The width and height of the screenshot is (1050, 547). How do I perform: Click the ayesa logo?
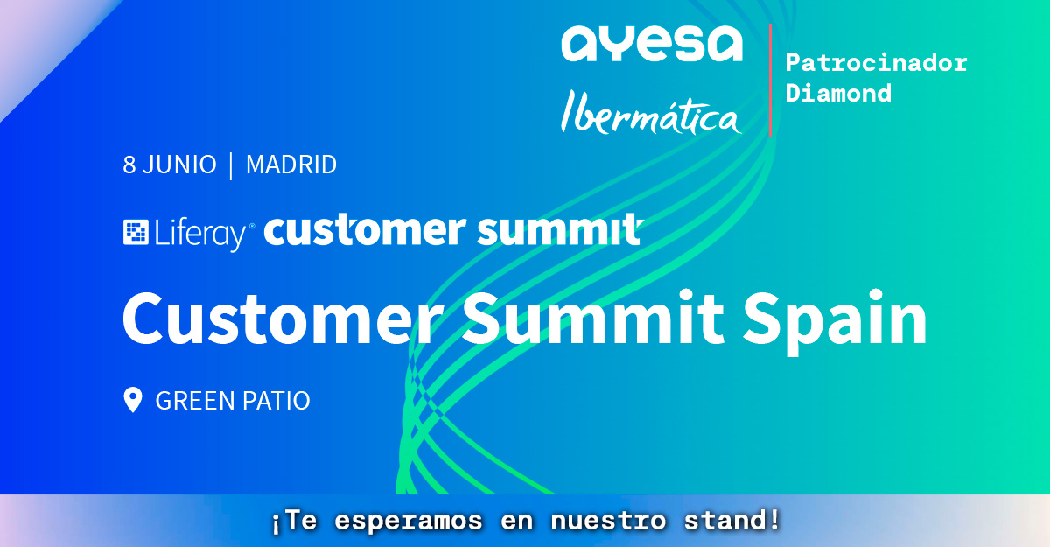tap(652, 44)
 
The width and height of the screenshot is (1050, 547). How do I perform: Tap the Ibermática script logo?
tap(651, 112)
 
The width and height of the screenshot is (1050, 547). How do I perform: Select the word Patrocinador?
tap(876, 63)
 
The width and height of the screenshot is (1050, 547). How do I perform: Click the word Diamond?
tap(838, 93)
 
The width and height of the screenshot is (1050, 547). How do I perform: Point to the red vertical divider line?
tap(771, 81)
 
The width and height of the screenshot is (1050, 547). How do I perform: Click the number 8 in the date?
tap(129, 165)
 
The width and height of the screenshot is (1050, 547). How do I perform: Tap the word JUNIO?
tap(179, 165)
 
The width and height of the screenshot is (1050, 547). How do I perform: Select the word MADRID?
tap(291, 165)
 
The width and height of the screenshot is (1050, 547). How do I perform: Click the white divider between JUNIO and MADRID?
tap(231, 166)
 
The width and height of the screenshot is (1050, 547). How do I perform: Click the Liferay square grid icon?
tap(136, 232)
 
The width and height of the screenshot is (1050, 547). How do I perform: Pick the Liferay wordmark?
tap(202, 234)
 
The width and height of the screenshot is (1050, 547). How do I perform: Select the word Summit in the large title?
tap(593, 318)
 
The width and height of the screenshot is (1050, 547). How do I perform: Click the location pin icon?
tap(133, 400)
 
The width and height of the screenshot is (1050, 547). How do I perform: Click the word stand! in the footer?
tap(731, 521)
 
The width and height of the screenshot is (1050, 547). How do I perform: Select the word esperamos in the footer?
tap(409, 522)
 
